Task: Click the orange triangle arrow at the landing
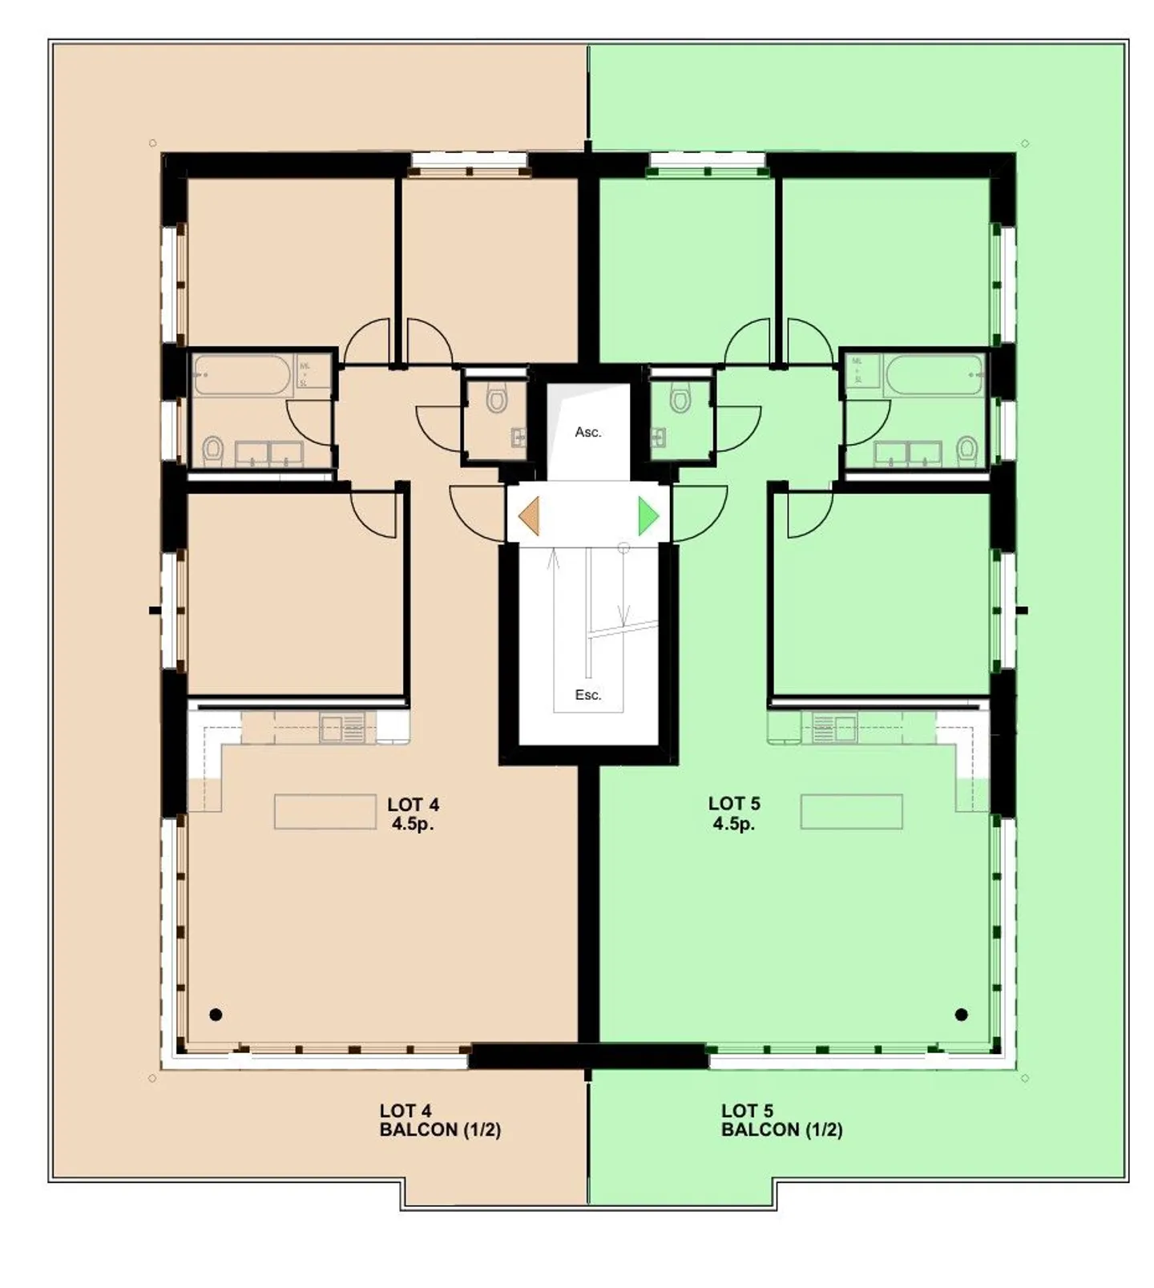530,516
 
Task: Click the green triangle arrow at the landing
648,516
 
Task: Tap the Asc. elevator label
587,432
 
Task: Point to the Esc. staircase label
587,695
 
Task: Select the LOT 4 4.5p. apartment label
413,814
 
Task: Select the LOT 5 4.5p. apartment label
734,814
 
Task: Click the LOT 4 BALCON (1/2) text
440,1120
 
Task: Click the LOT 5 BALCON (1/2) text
781,1120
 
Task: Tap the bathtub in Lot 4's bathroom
242,375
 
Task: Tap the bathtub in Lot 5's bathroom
934,375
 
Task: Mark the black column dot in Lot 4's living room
216,1015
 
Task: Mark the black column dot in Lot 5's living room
962,1015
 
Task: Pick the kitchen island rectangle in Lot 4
325,811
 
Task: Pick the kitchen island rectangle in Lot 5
851,811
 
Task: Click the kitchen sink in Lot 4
342,728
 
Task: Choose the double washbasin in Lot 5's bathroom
908,454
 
